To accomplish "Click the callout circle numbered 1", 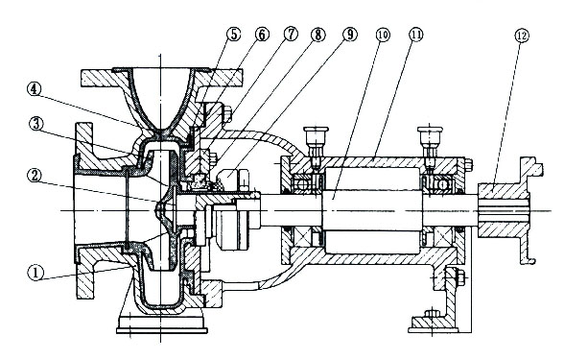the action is (x=35, y=273).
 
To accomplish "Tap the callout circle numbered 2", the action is (x=35, y=176).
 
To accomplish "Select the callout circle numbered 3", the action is (x=36, y=124).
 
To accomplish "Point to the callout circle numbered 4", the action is (x=35, y=89).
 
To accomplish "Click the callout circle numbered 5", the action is (x=233, y=35).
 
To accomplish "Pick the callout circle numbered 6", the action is (x=262, y=35).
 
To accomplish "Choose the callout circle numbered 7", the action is (x=291, y=35).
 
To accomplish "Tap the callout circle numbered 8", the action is (x=318, y=35).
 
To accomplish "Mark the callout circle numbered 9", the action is (x=350, y=35).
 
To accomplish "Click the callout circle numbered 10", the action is (x=383, y=35).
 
